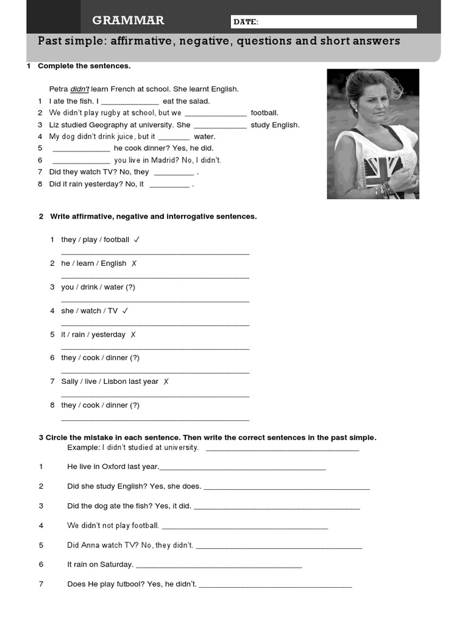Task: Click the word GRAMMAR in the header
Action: (x=128, y=21)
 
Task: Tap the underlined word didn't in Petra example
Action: (x=79, y=89)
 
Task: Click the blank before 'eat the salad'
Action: (x=129, y=102)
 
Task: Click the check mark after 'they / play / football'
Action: (x=137, y=240)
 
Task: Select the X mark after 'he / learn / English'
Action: (x=134, y=263)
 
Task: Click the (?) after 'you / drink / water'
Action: (x=130, y=287)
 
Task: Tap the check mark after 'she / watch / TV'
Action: (x=125, y=311)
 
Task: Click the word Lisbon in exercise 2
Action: (x=115, y=381)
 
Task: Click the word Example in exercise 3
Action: (x=83, y=447)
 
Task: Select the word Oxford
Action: (x=113, y=467)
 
